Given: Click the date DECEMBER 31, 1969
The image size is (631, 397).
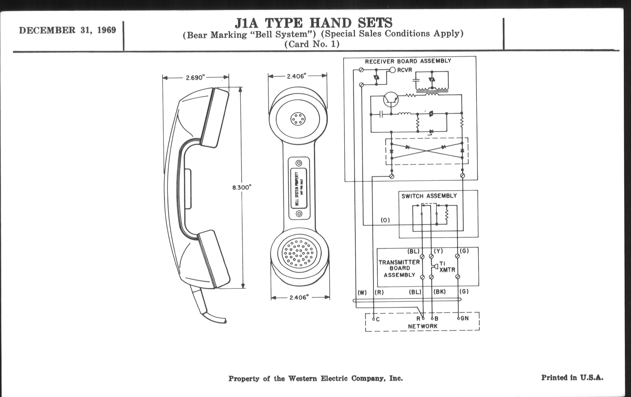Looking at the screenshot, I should tap(67, 30).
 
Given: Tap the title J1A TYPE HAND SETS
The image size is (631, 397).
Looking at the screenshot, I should tap(313, 23).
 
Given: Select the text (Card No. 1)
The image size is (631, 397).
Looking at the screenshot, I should tap(312, 44).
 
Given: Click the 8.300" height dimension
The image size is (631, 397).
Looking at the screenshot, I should tap(242, 187).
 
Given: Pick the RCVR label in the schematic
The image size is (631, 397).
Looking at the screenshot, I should tap(404, 70).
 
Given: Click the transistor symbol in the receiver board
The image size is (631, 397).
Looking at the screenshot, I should tap(391, 100).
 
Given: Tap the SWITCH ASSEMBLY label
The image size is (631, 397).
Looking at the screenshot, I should tap(429, 196).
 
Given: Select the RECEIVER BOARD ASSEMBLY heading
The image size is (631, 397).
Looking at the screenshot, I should tap(408, 61).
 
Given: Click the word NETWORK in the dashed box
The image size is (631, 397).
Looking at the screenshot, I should tap(423, 326).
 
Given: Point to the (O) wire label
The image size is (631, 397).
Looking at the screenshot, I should tap(385, 220).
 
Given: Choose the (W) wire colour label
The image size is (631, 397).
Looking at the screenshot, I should tap(362, 292).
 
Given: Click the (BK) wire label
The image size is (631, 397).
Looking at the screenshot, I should tap(440, 292).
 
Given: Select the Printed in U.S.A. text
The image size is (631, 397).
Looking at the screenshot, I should tap(572, 378).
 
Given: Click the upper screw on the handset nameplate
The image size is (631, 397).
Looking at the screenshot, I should tap(299, 163).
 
